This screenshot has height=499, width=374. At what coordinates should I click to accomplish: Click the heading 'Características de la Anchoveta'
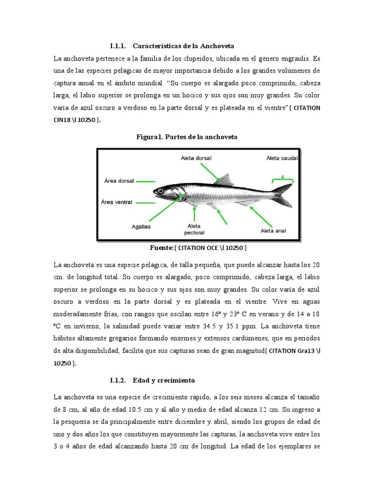pyautogui.click(x=183, y=46)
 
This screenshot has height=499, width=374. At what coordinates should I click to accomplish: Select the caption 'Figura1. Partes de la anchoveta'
pyautogui.click(x=187, y=137)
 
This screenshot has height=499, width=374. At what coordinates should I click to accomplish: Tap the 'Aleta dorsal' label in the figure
pyautogui.click(x=196, y=158)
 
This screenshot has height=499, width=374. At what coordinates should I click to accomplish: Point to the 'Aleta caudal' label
pyautogui.click(x=282, y=158)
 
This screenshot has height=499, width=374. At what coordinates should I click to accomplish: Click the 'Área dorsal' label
pyautogui.click(x=118, y=180)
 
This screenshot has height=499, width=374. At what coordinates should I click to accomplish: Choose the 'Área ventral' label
pyautogui.click(x=117, y=201)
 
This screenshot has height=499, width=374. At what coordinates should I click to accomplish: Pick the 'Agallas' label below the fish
pyautogui.click(x=141, y=226)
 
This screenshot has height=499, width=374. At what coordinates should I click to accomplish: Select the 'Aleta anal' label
pyautogui.click(x=273, y=230)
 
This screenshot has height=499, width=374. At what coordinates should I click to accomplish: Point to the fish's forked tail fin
pyautogui.click(x=282, y=195)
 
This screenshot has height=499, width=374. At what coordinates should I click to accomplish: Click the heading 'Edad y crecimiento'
pyautogui.click(x=167, y=380)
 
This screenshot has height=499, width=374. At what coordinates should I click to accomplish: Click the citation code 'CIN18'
pyautogui.click(x=67, y=120)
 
